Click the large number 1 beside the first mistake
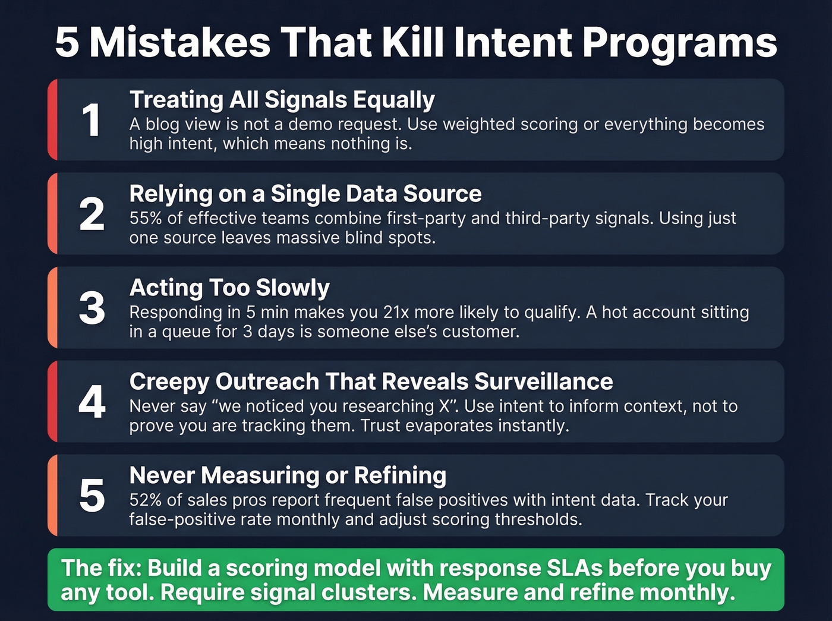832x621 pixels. point(91,121)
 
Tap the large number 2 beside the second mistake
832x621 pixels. point(92,215)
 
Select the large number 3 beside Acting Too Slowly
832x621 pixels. point(92,308)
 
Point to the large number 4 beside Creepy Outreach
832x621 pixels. point(92,402)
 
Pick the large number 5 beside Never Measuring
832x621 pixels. point(92,496)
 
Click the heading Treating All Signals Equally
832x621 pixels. point(282,100)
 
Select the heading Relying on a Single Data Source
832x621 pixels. point(305,194)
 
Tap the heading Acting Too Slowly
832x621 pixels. point(229,288)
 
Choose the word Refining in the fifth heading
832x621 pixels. point(400,475)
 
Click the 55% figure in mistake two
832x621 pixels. point(146,219)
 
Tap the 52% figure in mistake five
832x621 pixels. point(146,500)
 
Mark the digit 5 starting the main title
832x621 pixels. point(67,43)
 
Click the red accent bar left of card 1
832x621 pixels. point(52,119)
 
